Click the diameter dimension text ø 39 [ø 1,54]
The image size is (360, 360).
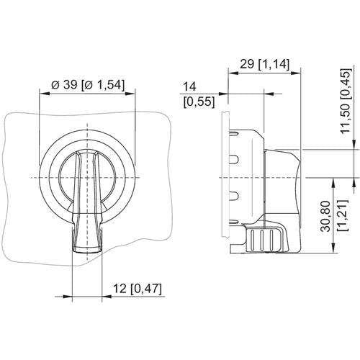[x=88, y=85]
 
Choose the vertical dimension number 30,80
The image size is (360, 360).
[x=326, y=216]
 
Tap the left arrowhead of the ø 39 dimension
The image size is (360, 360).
[x=45, y=94]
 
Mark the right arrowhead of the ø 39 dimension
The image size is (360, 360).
[x=130, y=94]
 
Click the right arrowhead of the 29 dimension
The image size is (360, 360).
[x=296, y=73]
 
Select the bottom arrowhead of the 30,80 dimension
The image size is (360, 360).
[x=333, y=248]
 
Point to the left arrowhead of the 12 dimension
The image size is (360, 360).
[x=67, y=297]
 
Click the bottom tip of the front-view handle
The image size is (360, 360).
[x=87, y=252]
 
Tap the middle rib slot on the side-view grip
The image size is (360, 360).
[x=261, y=240]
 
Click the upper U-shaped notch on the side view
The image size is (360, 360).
[x=235, y=160]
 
